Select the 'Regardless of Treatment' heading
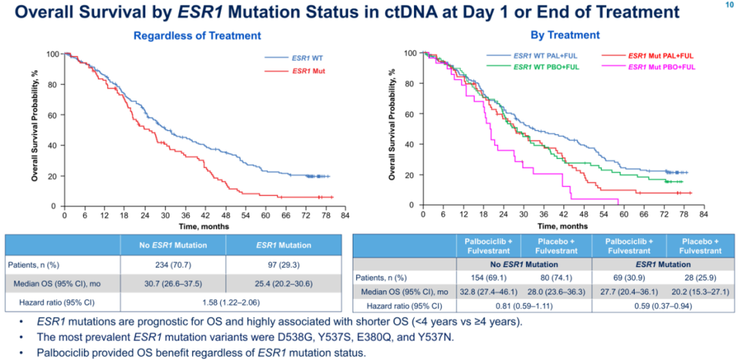click(x=197, y=36)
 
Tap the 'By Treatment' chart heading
click(x=565, y=35)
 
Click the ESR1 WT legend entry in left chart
click(x=306, y=59)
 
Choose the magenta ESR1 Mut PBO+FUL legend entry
click(x=660, y=66)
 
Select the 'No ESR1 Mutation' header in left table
click(x=172, y=245)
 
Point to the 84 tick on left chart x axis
click(x=345, y=215)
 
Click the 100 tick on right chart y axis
click(x=411, y=53)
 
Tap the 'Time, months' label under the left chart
click(x=204, y=226)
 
